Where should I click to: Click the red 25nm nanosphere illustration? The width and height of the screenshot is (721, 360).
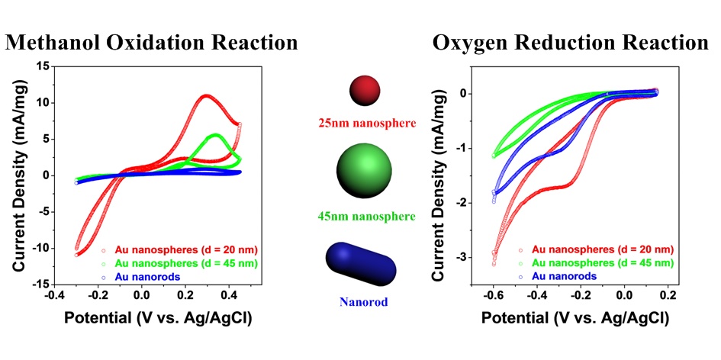(365, 90)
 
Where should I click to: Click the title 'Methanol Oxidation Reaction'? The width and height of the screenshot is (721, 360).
(151, 42)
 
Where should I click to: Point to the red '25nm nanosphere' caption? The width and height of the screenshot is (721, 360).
(365, 121)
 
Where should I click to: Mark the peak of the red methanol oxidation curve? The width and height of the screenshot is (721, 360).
(206, 96)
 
